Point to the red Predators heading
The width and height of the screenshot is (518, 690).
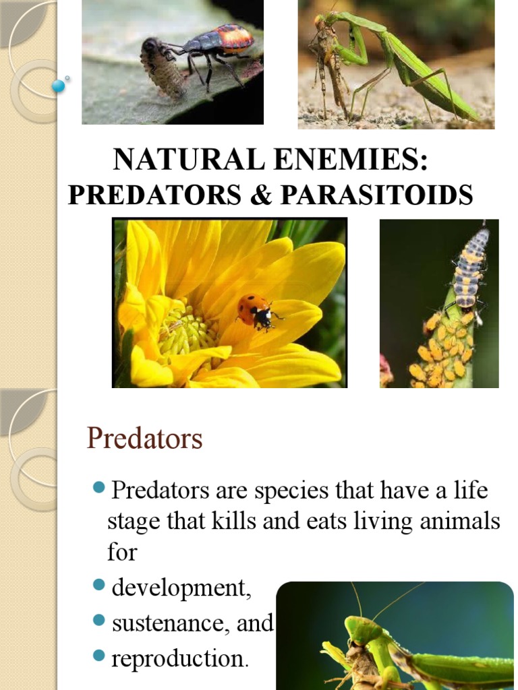tap(144, 439)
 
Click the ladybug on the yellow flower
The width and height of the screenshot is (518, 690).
tap(256, 311)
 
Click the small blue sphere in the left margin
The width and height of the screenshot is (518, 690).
tap(58, 86)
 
